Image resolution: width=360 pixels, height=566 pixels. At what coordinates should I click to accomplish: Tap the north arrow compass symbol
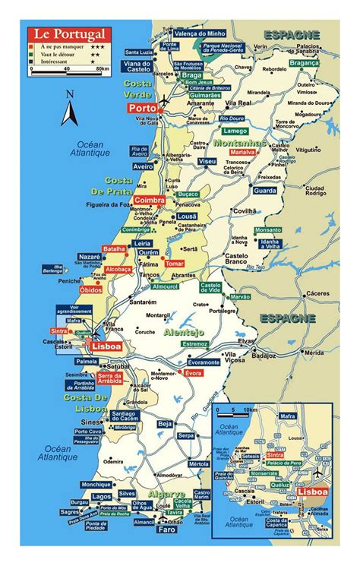tap(70, 109)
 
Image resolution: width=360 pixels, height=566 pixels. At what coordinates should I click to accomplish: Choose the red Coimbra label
tap(149, 200)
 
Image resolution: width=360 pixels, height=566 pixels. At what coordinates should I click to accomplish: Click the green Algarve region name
tap(166, 494)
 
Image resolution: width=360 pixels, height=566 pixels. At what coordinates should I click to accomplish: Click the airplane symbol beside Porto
tap(165, 101)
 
